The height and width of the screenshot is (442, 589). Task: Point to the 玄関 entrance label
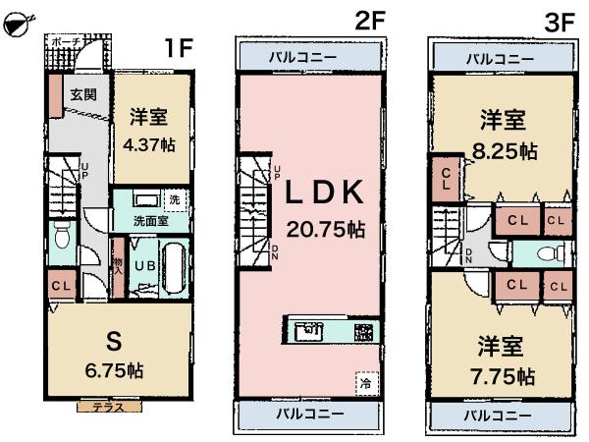pyautogui.click(x=83, y=95)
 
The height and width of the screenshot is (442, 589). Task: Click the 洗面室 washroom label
pyautogui.click(x=147, y=222)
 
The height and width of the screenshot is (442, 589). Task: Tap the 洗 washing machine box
pyautogui.click(x=175, y=200)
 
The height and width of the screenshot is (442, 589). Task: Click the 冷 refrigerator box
pyautogui.click(x=363, y=382)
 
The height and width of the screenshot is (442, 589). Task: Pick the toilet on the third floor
pyautogui.click(x=552, y=253)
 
